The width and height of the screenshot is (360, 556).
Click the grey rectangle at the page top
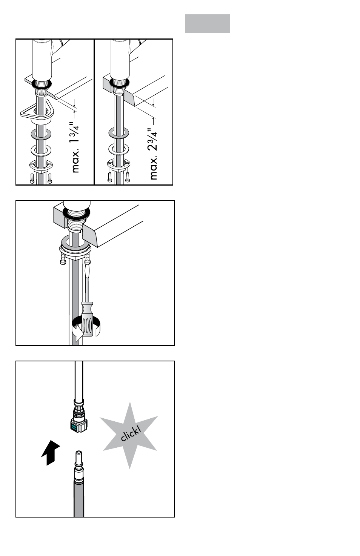[207, 24]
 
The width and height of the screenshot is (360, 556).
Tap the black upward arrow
[51, 453]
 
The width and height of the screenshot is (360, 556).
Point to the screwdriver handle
[88, 319]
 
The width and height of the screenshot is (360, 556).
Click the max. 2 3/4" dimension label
[154, 154]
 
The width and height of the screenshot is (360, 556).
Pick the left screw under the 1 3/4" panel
[32, 178]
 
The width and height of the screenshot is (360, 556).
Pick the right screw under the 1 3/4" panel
[50, 178]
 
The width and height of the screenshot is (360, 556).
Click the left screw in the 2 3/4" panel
[110, 177]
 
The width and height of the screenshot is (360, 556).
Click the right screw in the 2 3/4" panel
[128, 177]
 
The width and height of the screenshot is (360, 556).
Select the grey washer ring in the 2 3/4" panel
[118, 133]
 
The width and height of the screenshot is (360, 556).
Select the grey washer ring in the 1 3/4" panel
[41, 134]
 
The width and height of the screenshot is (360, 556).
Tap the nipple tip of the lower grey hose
[79, 453]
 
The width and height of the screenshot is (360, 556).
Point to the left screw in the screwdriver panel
[63, 259]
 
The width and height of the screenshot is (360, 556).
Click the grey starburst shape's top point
[130, 402]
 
